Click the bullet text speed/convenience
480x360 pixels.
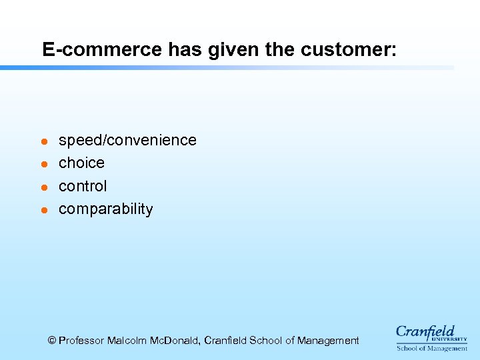[x=127, y=140]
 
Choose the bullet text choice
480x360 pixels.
[x=81, y=163]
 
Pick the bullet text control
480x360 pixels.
[x=83, y=186]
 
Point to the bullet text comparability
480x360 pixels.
[x=105, y=209]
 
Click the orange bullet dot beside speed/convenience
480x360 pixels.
[x=43, y=141]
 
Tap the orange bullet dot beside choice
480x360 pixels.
[x=43, y=164]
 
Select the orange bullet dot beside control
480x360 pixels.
[x=43, y=187]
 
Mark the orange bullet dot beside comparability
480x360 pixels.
[x=43, y=210]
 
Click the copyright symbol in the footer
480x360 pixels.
[x=52, y=341]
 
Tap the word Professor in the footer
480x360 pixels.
[x=83, y=341]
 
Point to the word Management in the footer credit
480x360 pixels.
[x=327, y=341]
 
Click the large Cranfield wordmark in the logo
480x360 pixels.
[x=425, y=331]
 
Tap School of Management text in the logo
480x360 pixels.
[x=432, y=348]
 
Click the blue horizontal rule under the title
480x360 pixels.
[x=227, y=67]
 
